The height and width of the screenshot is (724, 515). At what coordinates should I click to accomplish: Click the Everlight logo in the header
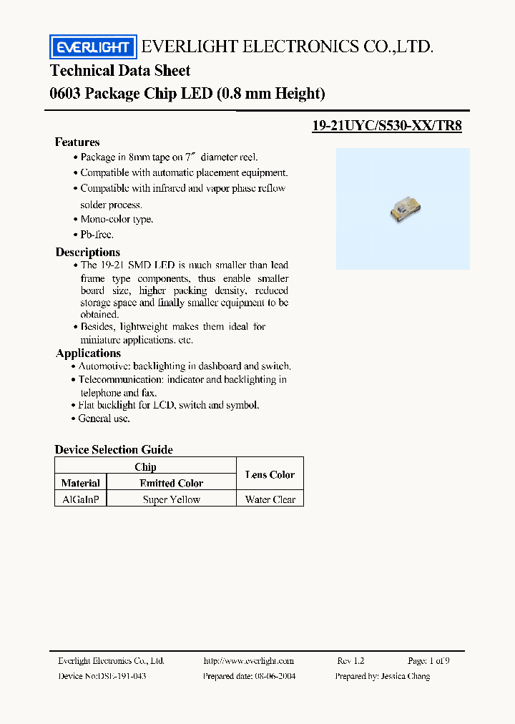pos(92,47)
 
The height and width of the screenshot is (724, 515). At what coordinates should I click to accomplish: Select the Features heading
pos(77,142)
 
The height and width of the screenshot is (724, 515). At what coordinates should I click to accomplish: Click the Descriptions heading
pos(88,252)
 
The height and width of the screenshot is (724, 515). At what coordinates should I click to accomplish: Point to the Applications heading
pos(88,353)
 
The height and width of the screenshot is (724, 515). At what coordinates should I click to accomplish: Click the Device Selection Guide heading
pos(114,449)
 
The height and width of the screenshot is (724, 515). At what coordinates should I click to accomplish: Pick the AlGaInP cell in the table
pos(81,499)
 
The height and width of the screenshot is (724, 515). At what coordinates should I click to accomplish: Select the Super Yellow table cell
pos(172,499)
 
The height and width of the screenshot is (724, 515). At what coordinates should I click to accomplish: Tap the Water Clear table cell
pos(270,499)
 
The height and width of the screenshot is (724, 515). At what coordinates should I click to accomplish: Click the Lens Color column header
pos(270,474)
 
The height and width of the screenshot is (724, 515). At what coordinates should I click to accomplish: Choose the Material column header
pos(81,483)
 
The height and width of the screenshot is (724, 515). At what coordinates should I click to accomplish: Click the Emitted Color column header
pos(172,483)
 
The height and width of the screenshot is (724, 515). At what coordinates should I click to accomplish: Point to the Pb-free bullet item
pos(97,235)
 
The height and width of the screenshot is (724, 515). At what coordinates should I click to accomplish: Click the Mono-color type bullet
pos(117,220)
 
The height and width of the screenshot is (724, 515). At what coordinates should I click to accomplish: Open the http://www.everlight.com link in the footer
pos(248,660)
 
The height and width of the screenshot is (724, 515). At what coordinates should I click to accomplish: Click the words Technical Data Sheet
pos(120,70)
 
